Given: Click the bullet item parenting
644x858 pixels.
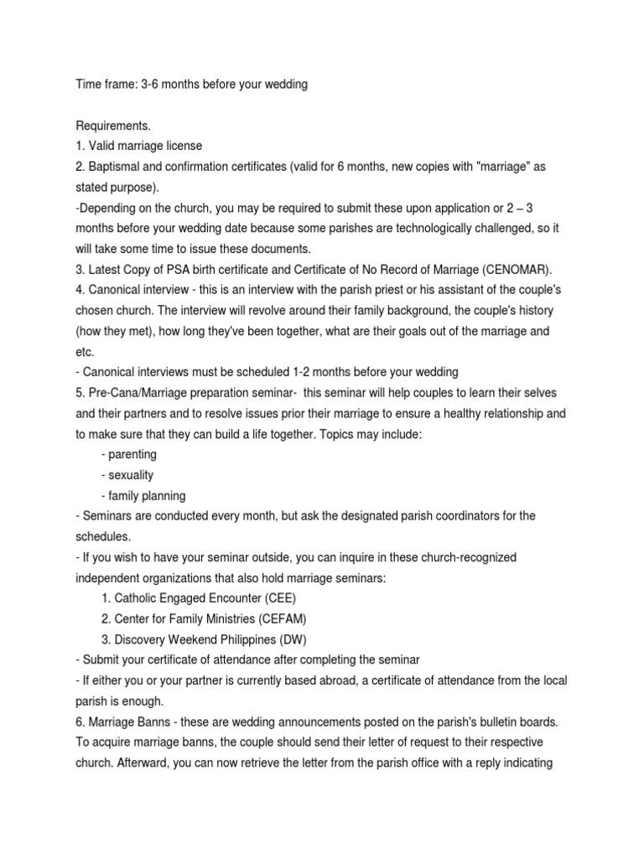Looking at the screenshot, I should [x=128, y=454].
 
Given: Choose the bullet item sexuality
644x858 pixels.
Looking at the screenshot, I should [x=127, y=475].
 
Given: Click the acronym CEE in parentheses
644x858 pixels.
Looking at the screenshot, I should [x=274, y=597].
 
